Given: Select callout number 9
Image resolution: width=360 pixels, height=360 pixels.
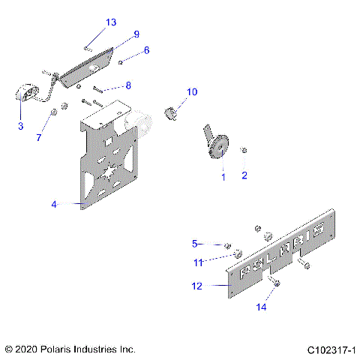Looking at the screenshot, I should coord(136,34).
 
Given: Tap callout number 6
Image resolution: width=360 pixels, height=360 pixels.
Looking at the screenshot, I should coord(146,50).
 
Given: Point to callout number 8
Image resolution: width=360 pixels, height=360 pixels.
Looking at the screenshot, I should coord(128,85).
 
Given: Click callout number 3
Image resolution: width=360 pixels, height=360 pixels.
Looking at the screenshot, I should coord(20,126).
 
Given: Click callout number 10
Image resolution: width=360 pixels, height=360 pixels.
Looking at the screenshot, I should coord(192,92).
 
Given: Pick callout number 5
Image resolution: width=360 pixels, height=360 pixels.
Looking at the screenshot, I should coord(194,243).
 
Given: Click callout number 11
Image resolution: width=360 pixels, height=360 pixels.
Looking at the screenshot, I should coord(199,262).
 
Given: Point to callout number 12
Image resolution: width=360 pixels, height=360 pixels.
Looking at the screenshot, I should coord(197,285).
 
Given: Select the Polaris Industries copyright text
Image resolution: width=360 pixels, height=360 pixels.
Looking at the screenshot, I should coord(70,349).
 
